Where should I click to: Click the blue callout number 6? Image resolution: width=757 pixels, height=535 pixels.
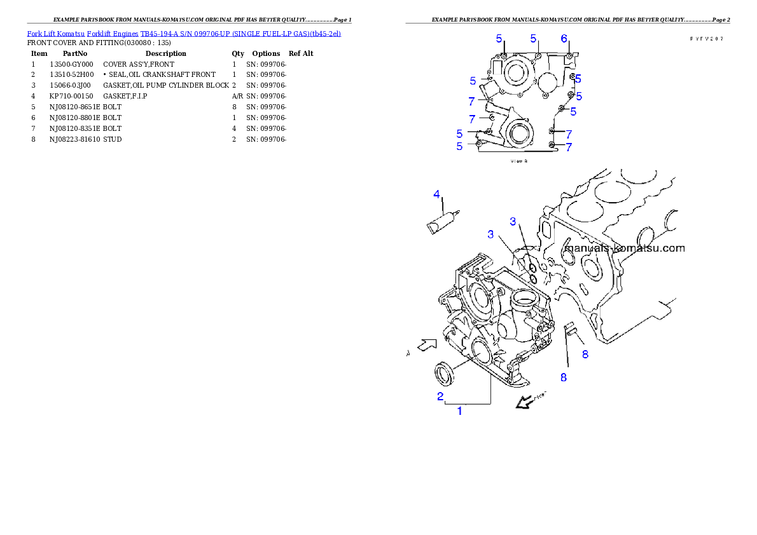564,39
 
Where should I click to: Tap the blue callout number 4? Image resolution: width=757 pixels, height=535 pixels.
437,193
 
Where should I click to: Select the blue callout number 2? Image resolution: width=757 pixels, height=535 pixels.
440,396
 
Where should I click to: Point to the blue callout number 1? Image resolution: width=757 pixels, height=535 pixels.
460,411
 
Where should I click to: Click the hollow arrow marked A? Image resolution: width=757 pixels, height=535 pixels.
426,345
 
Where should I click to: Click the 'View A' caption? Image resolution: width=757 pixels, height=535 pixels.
520,161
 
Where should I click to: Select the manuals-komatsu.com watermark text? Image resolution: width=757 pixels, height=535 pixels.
625,248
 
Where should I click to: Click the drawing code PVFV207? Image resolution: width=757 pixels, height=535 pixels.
707,39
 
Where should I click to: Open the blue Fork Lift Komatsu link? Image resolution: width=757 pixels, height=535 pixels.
184,32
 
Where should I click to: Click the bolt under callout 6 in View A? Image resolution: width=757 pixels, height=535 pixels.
569,57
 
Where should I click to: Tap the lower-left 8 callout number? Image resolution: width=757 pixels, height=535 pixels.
563,377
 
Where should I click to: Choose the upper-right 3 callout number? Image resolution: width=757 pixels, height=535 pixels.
513,221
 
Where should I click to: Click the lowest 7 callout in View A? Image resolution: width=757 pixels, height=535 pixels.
569,146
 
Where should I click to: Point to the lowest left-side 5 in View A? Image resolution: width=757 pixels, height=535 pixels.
460,146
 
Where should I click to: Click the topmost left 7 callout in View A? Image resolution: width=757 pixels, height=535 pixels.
471,101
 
